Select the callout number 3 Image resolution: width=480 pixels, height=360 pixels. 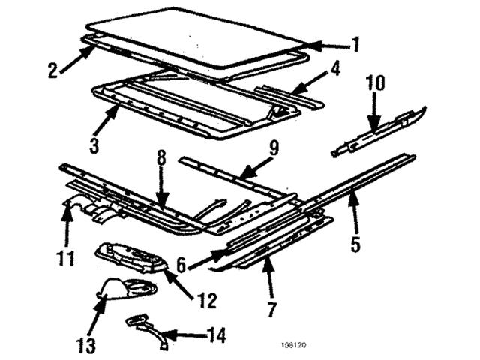94,145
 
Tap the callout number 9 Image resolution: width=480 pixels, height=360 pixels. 274,148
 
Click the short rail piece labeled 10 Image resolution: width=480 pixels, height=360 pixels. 379,132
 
